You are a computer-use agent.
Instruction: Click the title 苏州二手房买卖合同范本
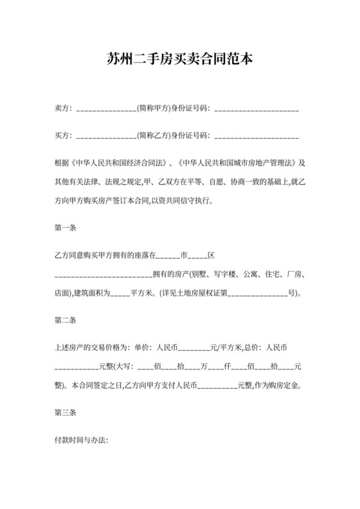click(180, 60)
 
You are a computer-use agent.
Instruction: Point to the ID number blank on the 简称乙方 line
click(256, 136)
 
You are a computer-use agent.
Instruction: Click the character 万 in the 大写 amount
click(204, 368)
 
